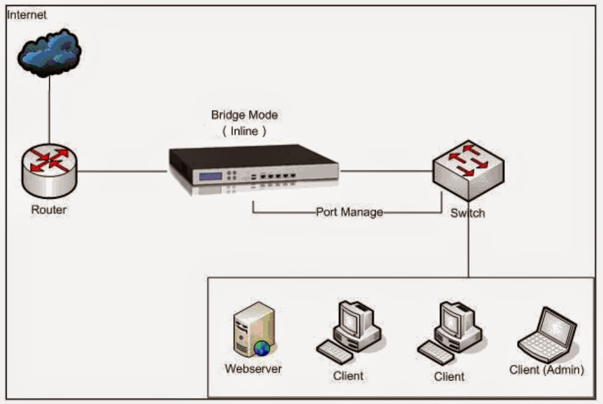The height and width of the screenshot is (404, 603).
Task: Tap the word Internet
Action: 26,14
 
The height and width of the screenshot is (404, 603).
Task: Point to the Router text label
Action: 49,210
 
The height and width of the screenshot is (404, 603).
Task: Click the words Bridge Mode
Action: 244,114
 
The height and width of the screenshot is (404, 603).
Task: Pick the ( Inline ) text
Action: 244,129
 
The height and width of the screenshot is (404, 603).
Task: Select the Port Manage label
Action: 349,213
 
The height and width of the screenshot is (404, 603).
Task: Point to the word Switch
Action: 468,213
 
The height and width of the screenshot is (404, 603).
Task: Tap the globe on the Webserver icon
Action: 262,348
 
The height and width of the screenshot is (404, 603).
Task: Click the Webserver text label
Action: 253,368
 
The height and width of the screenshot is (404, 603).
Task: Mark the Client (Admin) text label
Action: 546,370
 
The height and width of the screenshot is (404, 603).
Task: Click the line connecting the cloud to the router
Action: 49,111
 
